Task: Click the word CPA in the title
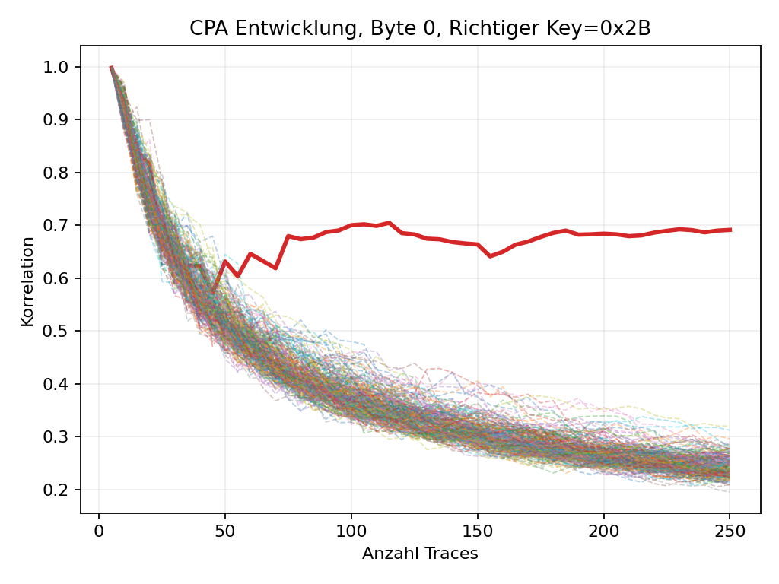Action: click(206, 29)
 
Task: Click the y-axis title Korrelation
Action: click(27, 281)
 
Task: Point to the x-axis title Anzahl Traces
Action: click(420, 554)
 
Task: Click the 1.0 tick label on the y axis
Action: click(58, 67)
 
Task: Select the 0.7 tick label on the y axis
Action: click(58, 225)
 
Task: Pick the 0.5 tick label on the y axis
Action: click(58, 331)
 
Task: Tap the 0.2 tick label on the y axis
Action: click(58, 490)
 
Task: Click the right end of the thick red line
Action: click(730, 229)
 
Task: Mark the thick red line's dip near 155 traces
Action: click(490, 256)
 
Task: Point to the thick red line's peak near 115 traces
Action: click(389, 223)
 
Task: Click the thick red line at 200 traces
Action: click(603, 233)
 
